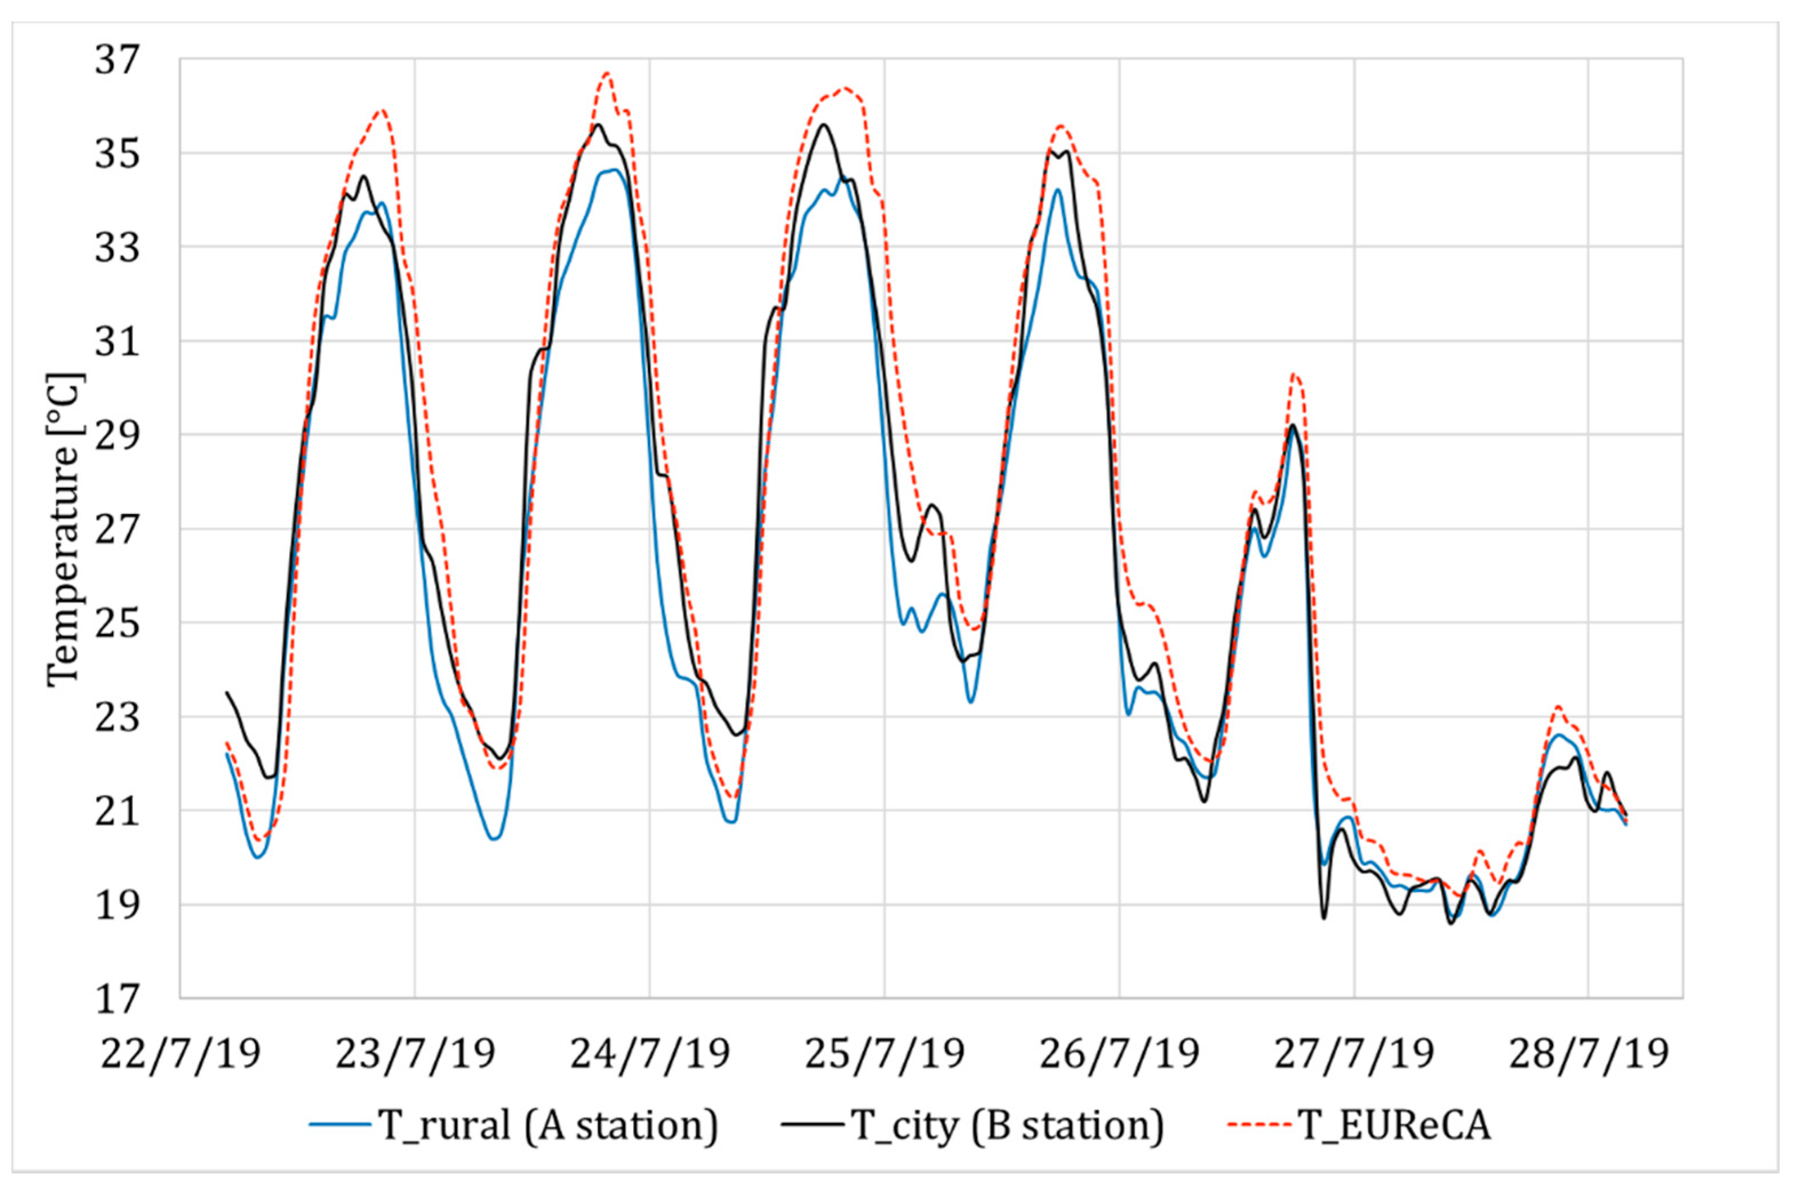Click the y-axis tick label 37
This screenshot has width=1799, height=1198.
coord(118,59)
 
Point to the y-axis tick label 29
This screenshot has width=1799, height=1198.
coord(118,435)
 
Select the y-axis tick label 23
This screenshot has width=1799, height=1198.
coord(118,717)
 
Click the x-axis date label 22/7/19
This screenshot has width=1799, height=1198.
coord(181,1054)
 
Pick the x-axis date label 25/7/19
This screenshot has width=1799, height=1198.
coord(884,1054)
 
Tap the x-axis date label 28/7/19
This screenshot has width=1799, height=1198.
coord(1588,1054)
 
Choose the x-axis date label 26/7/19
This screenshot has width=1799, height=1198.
coord(1119,1054)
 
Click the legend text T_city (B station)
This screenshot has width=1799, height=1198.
coord(1007,1125)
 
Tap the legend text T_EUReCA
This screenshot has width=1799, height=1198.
coord(1395,1125)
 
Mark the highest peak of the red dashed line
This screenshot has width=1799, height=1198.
coord(607,73)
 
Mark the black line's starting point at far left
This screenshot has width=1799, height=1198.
coord(226,692)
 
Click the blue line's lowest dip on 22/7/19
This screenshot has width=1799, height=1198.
coord(258,857)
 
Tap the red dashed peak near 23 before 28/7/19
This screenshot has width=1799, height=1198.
coord(1557,707)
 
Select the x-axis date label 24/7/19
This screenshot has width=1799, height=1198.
coord(650,1054)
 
